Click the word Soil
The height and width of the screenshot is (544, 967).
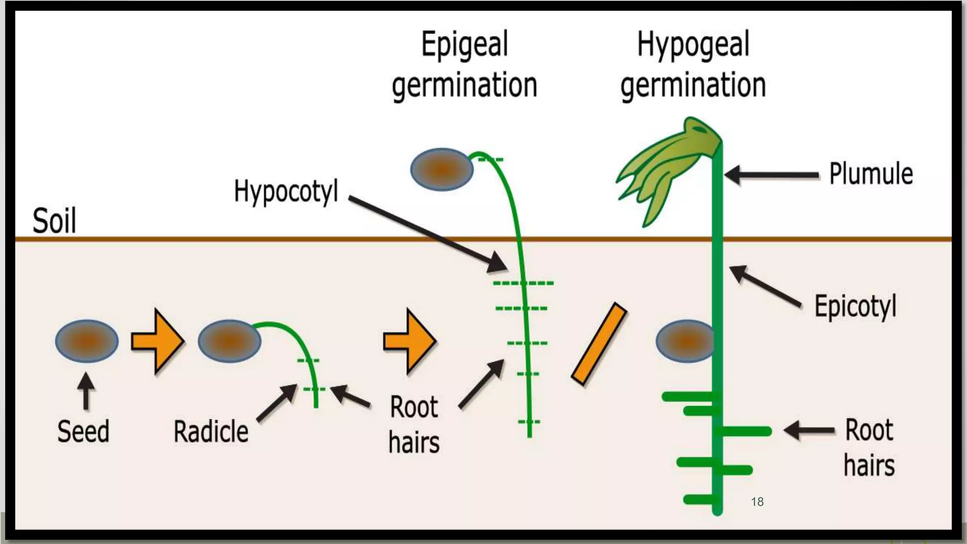pos(54,221)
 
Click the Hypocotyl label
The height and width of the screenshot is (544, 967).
pos(286,191)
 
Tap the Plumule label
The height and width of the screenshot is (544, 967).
pos(871,174)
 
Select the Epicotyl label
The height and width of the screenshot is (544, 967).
pos(855,306)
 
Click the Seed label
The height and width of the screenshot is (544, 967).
pos(83,431)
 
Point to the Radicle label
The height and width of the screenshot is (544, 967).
pos(211,432)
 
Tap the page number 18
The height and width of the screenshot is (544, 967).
pos(757,501)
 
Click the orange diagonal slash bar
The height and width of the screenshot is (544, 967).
pos(599,343)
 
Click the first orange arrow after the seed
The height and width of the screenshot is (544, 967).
pos(158,341)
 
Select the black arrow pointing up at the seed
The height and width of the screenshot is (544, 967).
pos(86,391)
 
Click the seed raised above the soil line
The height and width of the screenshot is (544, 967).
pos(441,170)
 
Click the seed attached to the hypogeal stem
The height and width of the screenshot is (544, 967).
pos(685,341)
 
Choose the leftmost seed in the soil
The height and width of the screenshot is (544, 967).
pos(87,341)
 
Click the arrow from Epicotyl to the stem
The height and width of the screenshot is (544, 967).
pos(765,286)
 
